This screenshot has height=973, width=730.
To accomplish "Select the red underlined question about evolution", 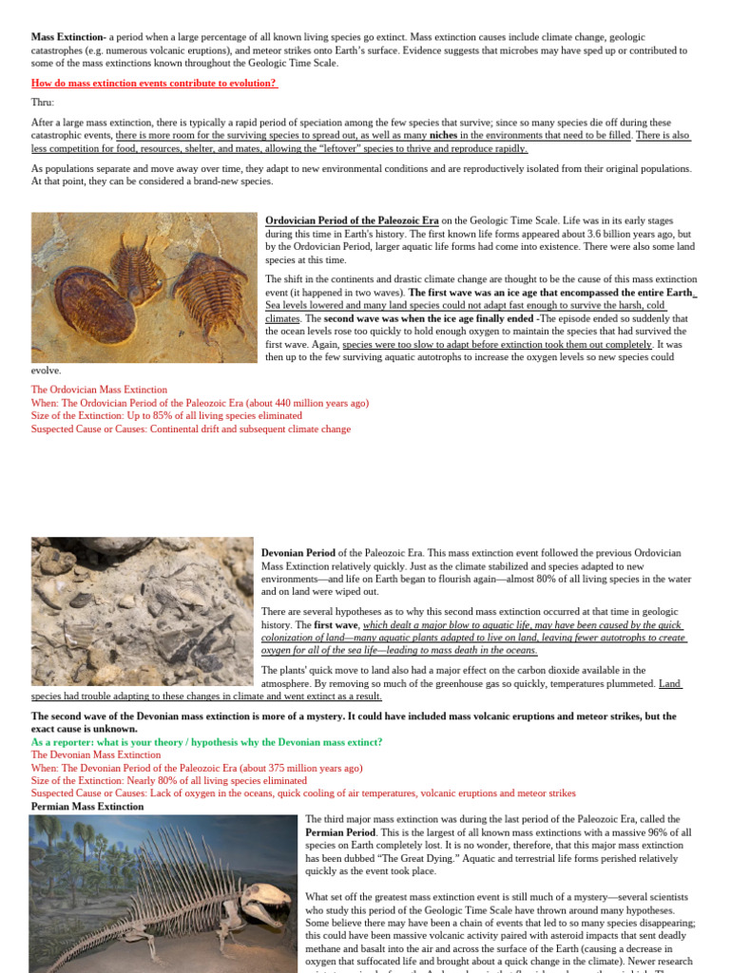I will [x=154, y=83].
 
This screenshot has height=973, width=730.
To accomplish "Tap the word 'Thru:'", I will [x=43, y=102].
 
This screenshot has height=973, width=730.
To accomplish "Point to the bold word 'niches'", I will [x=444, y=136].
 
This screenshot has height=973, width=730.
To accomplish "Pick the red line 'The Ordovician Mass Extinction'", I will [x=99, y=390].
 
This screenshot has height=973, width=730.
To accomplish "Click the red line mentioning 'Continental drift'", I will [x=190, y=429].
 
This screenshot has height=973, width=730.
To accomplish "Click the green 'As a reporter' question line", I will [x=206, y=741].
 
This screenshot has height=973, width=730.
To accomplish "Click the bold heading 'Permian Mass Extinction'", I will [x=87, y=807].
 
